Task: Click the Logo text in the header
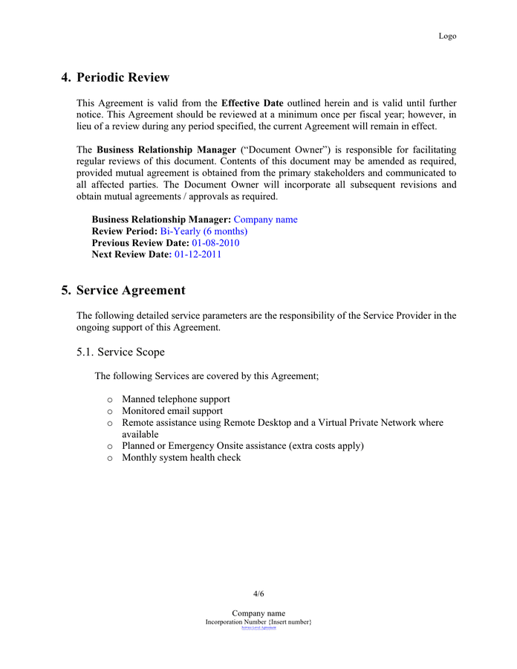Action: (447, 36)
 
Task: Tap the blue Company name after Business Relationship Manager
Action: (265, 219)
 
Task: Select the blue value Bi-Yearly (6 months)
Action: (204, 231)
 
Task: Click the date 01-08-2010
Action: (215, 243)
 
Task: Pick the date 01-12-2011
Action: (198, 254)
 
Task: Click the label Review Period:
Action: (124, 231)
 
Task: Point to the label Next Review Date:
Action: (131, 254)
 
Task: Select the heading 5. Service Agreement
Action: (123, 290)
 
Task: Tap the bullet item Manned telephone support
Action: (175, 399)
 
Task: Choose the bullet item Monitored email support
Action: (172, 411)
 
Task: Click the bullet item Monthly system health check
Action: (181, 458)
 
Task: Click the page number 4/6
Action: (258, 594)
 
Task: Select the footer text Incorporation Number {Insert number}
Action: (258, 621)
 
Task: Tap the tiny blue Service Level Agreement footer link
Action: (258, 628)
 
